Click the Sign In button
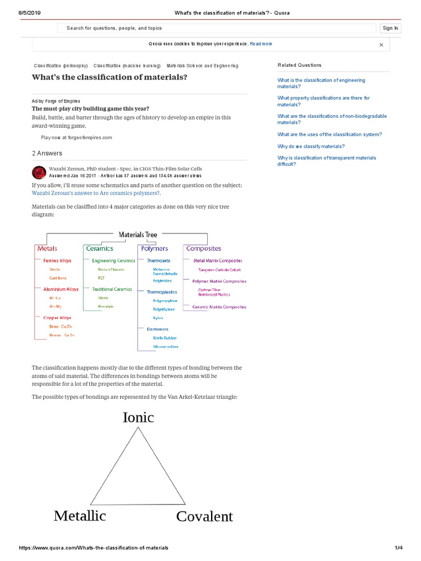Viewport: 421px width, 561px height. [390, 28]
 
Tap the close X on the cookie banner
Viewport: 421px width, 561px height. [381, 45]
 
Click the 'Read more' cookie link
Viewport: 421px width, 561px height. [261, 44]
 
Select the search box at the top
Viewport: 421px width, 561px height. [217, 28]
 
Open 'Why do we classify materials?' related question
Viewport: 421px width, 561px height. [311, 146]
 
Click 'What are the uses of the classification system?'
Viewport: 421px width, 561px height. [329, 134]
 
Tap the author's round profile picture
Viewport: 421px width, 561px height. [39, 173]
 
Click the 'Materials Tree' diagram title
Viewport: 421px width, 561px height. [138, 234]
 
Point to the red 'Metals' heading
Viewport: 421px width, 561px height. [47, 249]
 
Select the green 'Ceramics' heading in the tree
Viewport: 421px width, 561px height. [99, 249]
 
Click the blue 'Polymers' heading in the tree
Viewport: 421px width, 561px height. [155, 249]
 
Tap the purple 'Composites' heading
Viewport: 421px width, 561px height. [203, 249]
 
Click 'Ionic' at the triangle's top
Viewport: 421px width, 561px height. [138, 417]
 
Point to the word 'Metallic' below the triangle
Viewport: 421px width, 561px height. [80, 516]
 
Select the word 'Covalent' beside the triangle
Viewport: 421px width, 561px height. [204, 517]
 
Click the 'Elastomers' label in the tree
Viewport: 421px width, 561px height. [157, 329]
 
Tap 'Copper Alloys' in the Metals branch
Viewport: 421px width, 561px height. [57, 318]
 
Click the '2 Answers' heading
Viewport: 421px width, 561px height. [47, 153]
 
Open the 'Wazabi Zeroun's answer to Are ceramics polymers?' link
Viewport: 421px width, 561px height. [96, 193]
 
